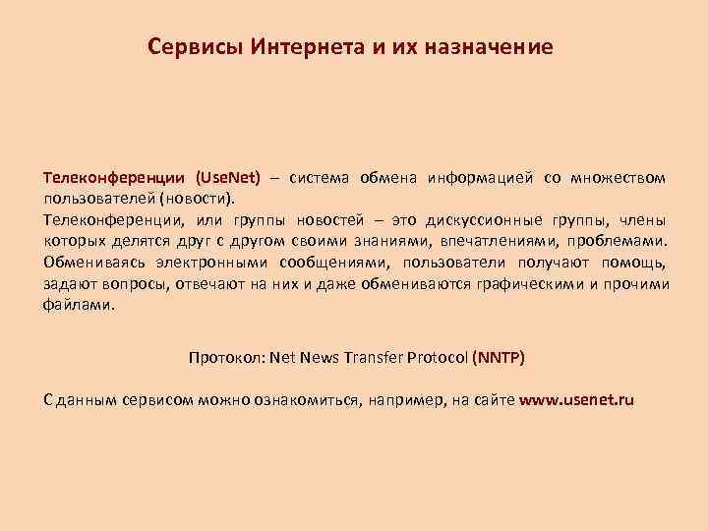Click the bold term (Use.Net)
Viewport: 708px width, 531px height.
coord(228,178)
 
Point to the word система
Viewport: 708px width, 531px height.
coord(322,178)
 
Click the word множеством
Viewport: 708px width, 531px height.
coord(618,178)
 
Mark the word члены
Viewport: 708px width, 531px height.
coord(643,218)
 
